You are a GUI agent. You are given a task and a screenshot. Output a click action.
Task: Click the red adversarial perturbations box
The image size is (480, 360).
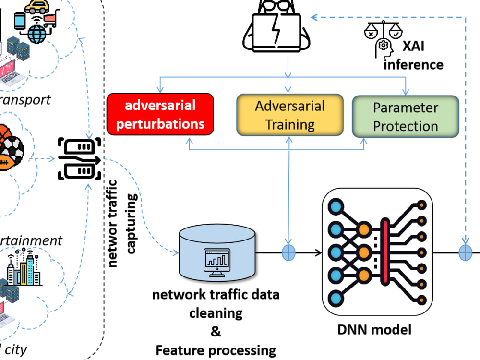pos(160,114)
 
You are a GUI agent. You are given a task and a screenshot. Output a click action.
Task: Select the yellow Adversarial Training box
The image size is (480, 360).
pos(290,115)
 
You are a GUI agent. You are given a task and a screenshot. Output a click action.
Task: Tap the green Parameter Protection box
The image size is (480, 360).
pos(406,117)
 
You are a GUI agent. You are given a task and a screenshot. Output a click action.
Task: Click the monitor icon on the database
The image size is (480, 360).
pos(217,263)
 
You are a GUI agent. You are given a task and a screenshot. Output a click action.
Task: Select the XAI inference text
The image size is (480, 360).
pos(413,55)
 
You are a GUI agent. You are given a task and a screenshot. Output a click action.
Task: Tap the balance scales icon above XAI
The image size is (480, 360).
pos(383,32)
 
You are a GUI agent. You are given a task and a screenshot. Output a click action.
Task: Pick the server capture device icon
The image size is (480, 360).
pos(80,158)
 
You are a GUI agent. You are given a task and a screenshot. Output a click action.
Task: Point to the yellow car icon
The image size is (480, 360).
pos(37,6)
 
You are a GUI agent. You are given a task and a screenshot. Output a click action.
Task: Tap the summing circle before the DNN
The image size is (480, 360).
pos(288,252)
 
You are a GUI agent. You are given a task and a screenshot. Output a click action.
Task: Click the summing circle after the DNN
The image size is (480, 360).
pos(465,252)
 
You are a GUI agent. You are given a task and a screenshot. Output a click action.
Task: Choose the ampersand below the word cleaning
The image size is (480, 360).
pos(216,332)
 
